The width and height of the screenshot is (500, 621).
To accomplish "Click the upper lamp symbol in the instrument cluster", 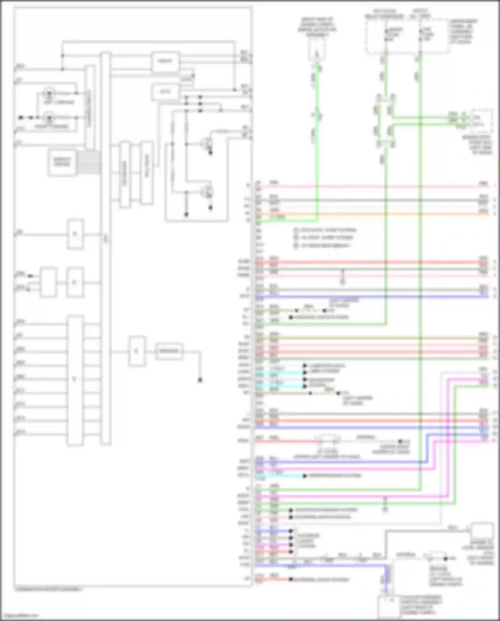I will pyautogui.click(x=49, y=92).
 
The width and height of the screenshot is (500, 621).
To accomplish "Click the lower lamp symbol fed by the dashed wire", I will pyautogui.click(x=49, y=118).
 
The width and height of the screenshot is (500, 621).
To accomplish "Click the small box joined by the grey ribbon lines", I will pyautogui.click(x=62, y=163).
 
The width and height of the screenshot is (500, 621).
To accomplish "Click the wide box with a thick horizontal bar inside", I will pyautogui.click(x=169, y=351).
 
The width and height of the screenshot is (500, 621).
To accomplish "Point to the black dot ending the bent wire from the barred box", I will pyautogui.click(x=200, y=380).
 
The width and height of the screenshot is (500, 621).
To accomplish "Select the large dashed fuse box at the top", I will pyautogui.click(x=407, y=35).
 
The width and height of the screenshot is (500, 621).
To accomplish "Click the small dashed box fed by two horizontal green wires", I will pyautogui.click(x=481, y=120).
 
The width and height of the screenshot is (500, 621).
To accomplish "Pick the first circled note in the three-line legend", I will pyautogui.click(x=296, y=230).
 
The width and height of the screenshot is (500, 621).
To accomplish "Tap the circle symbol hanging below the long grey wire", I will pyautogui.click(x=342, y=282).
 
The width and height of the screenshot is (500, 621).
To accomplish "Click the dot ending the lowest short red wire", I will pyautogui.click(x=291, y=580).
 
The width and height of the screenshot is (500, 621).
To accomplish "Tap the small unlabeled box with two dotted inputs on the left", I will pyautogui.click(x=48, y=282).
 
